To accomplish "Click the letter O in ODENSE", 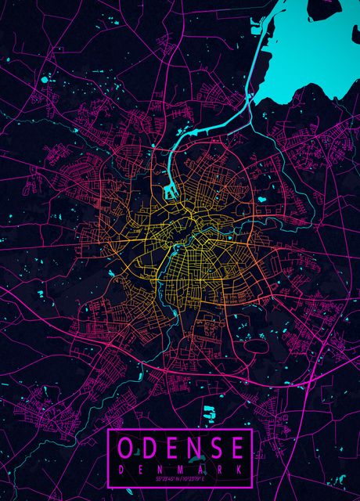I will click(127, 448).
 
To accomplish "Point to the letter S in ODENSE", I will click(215, 448).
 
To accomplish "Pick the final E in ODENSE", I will click(236, 448).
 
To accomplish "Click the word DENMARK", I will click(181, 468).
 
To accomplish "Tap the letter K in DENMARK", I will click(241, 468).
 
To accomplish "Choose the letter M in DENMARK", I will click(181, 468).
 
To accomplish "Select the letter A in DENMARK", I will click(201, 468).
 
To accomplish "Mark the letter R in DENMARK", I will click(221, 468).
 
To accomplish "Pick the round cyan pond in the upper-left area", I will click(45, 79).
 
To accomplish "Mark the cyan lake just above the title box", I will click(209, 413).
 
